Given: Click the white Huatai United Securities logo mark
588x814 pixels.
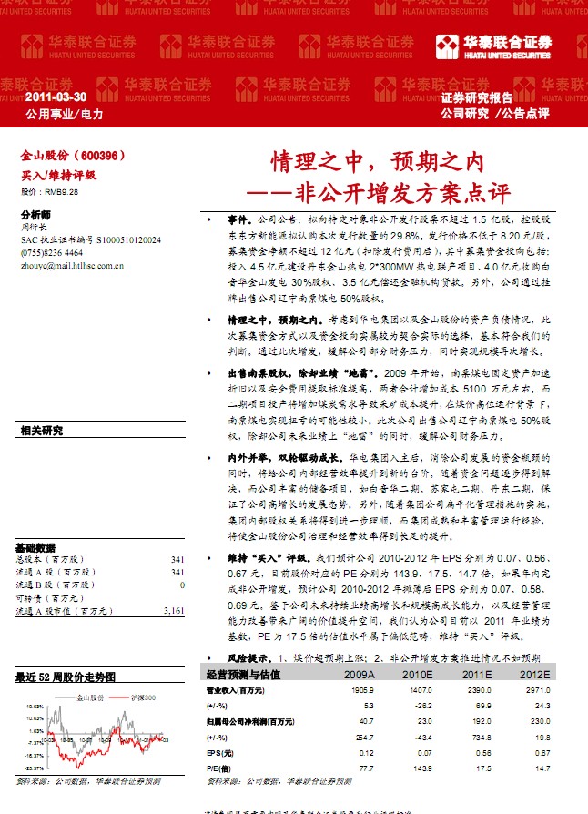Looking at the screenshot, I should [x=448, y=47].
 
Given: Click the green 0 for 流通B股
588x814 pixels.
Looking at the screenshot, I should [x=182, y=585].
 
